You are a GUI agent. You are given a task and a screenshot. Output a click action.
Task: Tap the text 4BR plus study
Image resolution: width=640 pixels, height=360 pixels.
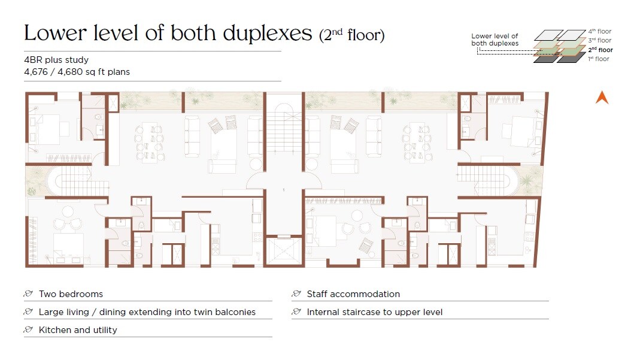pyautogui.click(x=56, y=60)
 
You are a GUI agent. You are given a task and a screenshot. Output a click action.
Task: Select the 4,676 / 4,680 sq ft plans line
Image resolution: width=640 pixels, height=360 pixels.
pyautogui.click(x=77, y=72)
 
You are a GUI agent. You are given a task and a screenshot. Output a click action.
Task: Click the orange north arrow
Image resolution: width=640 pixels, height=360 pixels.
pyautogui.click(x=602, y=97)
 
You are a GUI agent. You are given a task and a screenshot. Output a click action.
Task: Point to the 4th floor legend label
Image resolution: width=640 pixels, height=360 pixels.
pyautogui.click(x=599, y=31)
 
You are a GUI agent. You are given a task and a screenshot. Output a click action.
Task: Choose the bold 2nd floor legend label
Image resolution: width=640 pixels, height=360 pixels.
pyautogui.click(x=600, y=50)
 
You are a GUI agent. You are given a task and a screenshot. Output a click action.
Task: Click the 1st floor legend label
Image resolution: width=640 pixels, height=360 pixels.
pyautogui.click(x=599, y=59)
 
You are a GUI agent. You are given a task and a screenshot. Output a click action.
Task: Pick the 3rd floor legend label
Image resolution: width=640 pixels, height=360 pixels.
pyautogui.click(x=599, y=40)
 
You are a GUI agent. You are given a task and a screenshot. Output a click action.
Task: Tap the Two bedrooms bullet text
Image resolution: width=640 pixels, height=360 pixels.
pyautogui.click(x=71, y=294)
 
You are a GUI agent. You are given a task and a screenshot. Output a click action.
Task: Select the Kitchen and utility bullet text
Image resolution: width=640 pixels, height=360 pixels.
pyautogui.click(x=78, y=330)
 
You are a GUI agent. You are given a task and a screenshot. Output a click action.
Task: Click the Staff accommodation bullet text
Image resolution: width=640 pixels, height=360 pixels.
pyautogui.click(x=353, y=294)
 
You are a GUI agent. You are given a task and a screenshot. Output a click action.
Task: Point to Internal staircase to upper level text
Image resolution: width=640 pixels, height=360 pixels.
pyautogui.click(x=375, y=312)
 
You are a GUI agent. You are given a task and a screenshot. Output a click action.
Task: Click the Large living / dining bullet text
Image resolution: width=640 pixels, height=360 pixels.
pyautogui.click(x=147, y=312)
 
